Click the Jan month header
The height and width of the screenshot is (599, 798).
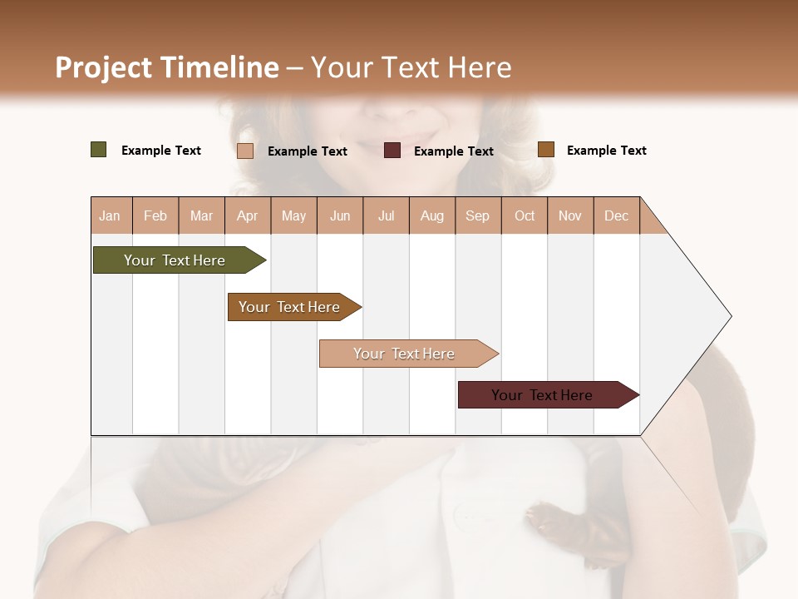[110, 215]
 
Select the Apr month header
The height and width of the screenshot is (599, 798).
[248, 215]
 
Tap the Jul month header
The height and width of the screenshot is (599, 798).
[386, 215]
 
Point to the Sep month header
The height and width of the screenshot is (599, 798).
[477, 215]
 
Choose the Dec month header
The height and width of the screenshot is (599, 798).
[616, 215]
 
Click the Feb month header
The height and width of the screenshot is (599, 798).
[155, 215]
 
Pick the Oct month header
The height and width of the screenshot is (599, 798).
[525, 215]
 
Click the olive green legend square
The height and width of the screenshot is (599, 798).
[99, 150]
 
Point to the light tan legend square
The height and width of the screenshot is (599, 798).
[245, 151]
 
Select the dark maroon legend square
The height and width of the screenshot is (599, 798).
[392, 151]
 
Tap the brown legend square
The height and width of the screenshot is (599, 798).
[546, 150]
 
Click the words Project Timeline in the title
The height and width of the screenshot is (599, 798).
[166, 67]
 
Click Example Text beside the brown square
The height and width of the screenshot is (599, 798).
[606, 151]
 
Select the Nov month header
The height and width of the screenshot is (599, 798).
[570, 215]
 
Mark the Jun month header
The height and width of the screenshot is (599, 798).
[340, 215]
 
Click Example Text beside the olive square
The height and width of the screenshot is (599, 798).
[161, 151]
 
